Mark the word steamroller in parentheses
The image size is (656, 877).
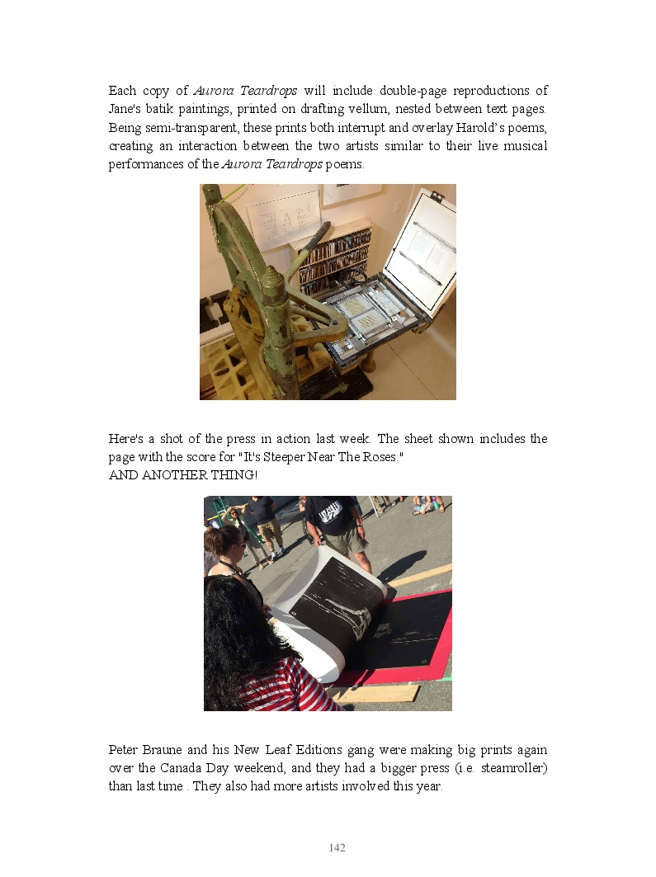pos(511,768)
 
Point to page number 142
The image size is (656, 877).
pos(337,848)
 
